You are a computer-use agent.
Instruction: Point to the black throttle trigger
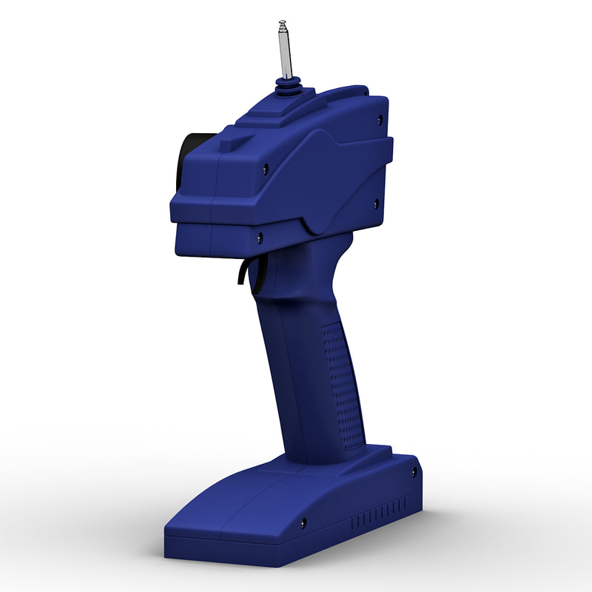tap(243, 272)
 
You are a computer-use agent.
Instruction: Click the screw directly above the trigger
tap(259, 238)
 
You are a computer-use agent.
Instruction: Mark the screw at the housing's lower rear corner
tap(375, 203)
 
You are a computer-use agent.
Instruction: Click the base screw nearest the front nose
tap(303, 523)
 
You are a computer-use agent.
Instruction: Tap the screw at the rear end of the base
tap(413, 471)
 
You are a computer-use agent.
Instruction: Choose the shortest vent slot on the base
tap(353, 523)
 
